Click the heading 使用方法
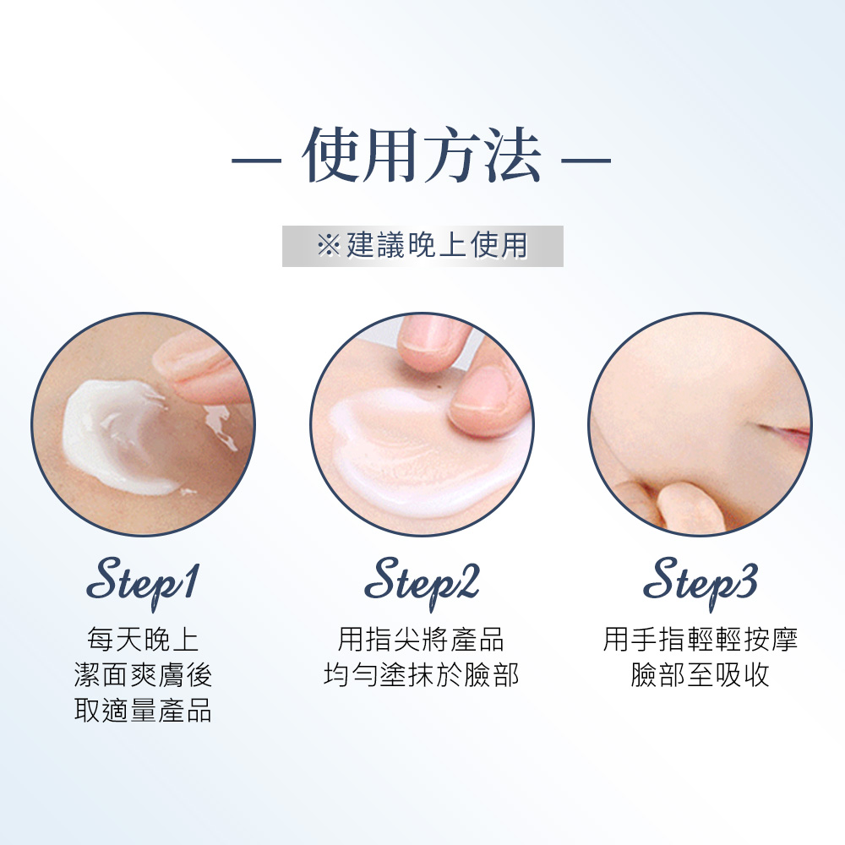(422, 155)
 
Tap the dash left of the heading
(257, 160)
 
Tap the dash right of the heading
(586, 160)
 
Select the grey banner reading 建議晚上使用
(422, 246)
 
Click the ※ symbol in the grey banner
(329, 246)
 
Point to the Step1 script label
(143, 582)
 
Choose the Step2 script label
(422, 582)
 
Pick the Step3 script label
(701, 582)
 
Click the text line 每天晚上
(143, 640)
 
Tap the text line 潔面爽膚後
(143, 674)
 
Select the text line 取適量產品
(143, 710)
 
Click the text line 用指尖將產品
(421, 640)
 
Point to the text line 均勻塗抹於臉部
(421, 674)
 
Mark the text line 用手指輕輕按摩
(700, 640)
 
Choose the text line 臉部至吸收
(700, 674)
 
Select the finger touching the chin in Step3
(690, 506)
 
